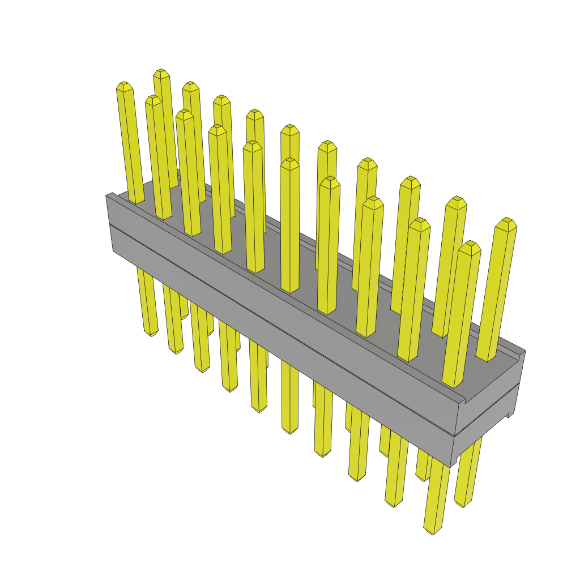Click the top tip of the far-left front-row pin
point(125,85)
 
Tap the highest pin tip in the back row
point(161,72)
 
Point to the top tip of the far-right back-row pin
point(506,221)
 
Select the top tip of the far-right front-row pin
point(470,244)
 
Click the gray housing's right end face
point(488,396)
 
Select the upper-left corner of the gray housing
point(107,196)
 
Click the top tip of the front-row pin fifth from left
point(253,144)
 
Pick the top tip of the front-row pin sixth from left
point(289,162)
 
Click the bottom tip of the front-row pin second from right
point(394,504)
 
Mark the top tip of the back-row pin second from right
point(456,200)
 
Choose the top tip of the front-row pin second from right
point(420,221)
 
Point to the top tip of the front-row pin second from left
point(153,99)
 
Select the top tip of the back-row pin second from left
point(191,85)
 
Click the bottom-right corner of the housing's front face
point(451,466)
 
